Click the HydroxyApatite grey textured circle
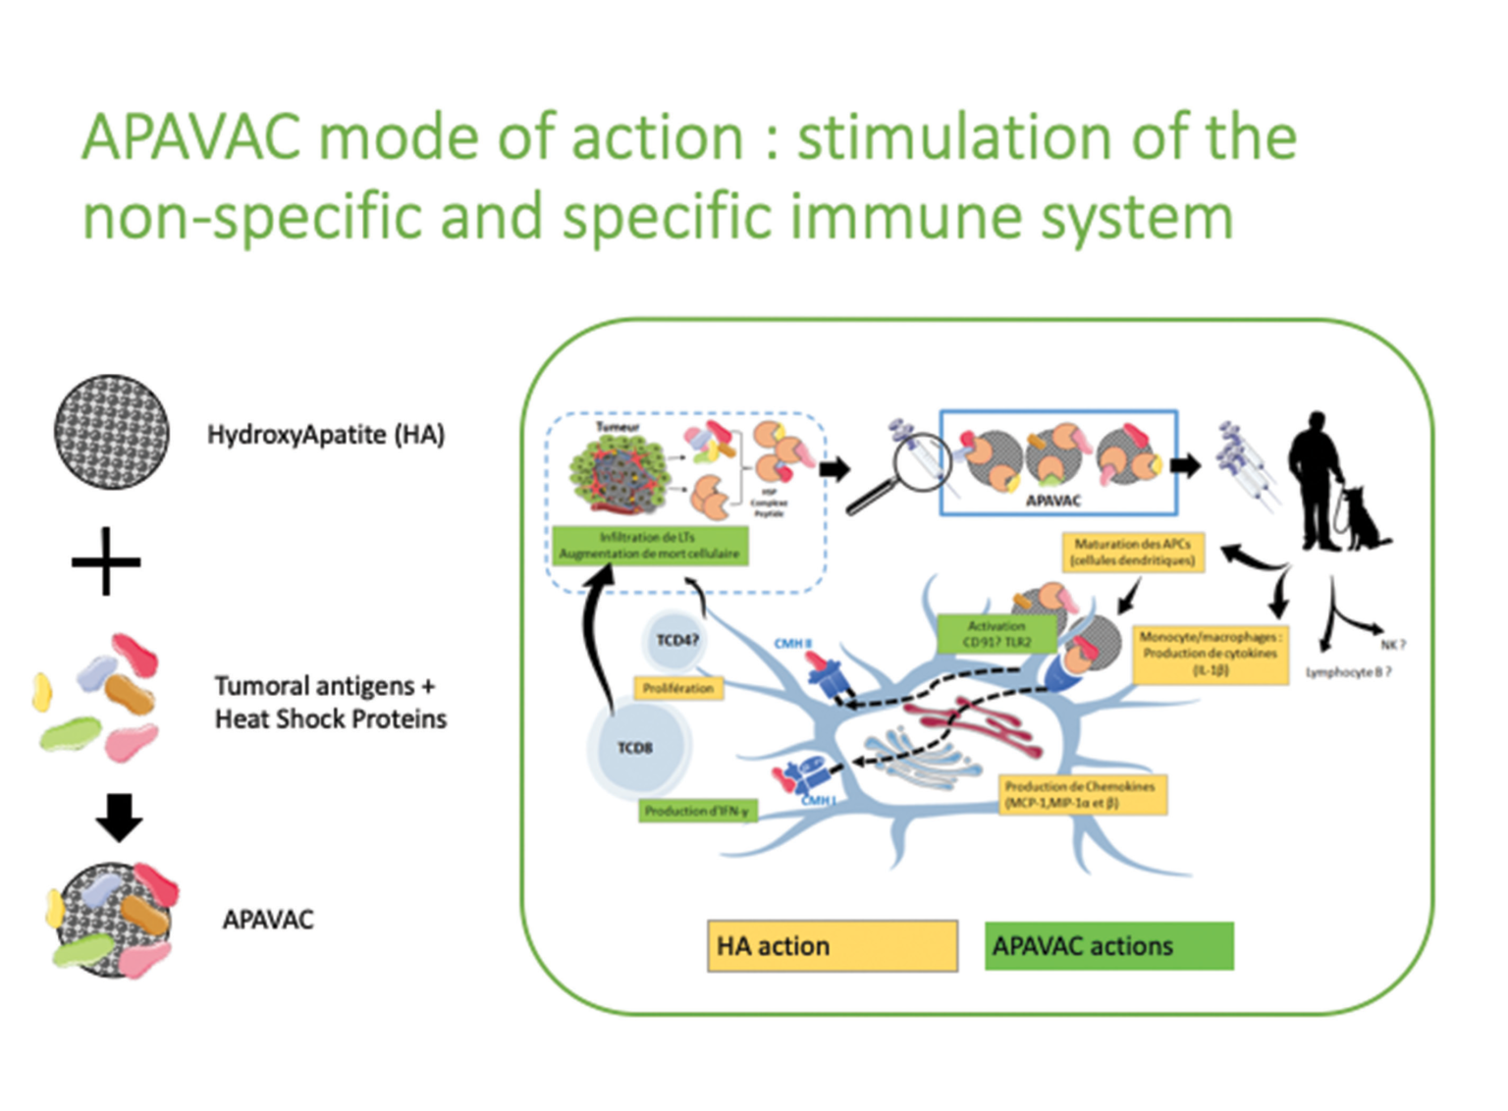point(111,432)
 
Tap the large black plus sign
point(106,561)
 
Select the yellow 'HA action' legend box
point(832,946)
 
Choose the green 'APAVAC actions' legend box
point(1108,946)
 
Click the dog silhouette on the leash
point(1364,520)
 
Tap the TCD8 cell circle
point(636,748)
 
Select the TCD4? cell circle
point(676,641)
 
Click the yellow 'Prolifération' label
point(677,688)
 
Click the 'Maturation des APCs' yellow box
point(1133,552)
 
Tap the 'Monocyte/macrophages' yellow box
point(1210,654)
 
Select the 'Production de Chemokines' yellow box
point(1081,795)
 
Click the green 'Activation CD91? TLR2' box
point(996,634)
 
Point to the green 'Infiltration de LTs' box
point(649,546)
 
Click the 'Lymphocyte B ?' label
point(1348,672)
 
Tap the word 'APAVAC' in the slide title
point(191,137)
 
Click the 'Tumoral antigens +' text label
point(325,685)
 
